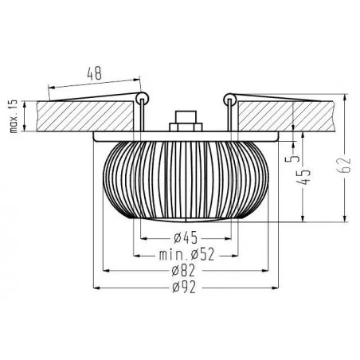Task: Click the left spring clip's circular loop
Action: coord(143,99)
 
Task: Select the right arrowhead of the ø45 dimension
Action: coord(234,237)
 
